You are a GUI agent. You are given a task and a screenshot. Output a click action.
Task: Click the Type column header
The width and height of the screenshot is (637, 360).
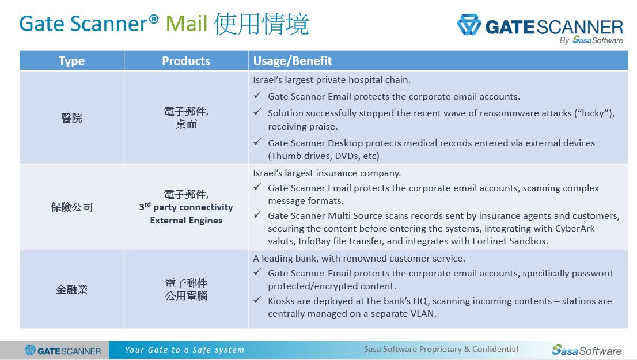click(71, 61)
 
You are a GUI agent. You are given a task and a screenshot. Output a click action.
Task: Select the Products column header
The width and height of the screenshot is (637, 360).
click(186, 61)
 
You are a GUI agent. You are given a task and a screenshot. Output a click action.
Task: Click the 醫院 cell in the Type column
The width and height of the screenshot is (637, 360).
click(71, 118)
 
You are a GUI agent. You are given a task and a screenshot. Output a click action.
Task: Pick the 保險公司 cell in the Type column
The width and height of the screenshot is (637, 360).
click(71, 207)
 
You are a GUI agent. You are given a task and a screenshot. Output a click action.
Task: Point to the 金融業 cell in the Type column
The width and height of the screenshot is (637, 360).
click(71, 289)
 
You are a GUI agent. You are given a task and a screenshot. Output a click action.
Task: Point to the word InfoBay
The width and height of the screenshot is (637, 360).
click(314, 241)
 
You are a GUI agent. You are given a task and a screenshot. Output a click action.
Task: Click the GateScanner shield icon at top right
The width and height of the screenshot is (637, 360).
click(469, 25)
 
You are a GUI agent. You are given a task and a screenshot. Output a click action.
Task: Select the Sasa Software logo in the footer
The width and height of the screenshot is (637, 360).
click(587, 350)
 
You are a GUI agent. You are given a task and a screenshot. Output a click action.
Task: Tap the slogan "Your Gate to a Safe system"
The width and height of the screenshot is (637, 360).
click(184, 350)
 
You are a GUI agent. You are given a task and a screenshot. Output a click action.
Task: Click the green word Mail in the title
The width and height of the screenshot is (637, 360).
click(187, 24)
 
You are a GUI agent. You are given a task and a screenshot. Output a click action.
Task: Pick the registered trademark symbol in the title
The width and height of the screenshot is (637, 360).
click(154, 18)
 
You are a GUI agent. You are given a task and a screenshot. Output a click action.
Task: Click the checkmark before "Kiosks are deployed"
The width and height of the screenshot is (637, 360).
click(257, 300)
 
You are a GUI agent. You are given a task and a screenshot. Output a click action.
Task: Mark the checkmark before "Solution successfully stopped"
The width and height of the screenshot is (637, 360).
click(257, 112)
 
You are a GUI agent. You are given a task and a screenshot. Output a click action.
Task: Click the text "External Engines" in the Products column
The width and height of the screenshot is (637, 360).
click(186, 220)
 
